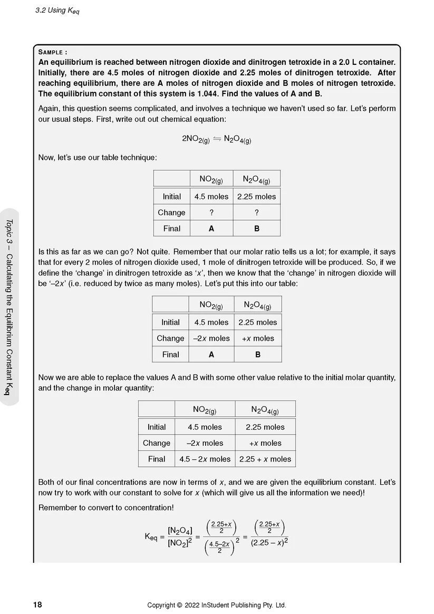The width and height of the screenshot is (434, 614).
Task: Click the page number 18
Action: click(x=37, y=605)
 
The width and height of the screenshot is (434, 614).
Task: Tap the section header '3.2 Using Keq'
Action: click(x=56, y=11)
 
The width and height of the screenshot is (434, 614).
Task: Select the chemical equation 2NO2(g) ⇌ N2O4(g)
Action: click(x=216, y=139)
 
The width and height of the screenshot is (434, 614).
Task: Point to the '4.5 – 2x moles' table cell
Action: click(x=205, y=459)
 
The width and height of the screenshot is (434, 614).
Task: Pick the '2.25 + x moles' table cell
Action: click(x=265, y=459)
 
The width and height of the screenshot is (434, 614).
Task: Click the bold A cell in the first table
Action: click(x=211, y=228)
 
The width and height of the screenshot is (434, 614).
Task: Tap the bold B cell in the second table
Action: click(x=258, y=354)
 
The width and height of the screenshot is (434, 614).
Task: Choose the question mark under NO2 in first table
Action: click(x=211, y=213)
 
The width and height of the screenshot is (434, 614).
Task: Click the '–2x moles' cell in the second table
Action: click(x=211, y=338)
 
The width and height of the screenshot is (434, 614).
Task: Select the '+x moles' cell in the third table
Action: click(x=265, y=443)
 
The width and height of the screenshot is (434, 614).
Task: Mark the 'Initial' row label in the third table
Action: click(x=156, y=427)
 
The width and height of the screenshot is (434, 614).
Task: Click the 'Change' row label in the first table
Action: click(x=171, y=213)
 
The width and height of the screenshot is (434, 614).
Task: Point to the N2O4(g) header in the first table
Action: click(x=256, y=179)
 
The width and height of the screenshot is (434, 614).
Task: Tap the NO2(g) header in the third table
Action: click(x=205, y=409)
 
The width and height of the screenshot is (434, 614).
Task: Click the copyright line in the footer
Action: click(x=216, y=605)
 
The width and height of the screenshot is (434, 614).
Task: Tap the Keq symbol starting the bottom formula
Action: click(x=151, y=536)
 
